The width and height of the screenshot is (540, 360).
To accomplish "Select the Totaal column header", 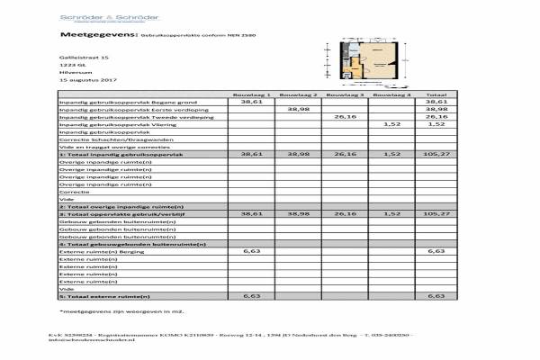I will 436,94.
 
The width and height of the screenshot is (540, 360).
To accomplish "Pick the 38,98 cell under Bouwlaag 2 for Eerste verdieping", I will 298,109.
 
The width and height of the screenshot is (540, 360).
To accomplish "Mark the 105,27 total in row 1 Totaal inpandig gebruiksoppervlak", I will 436,154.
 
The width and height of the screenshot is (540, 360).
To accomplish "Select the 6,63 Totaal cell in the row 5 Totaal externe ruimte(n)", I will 436,295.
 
